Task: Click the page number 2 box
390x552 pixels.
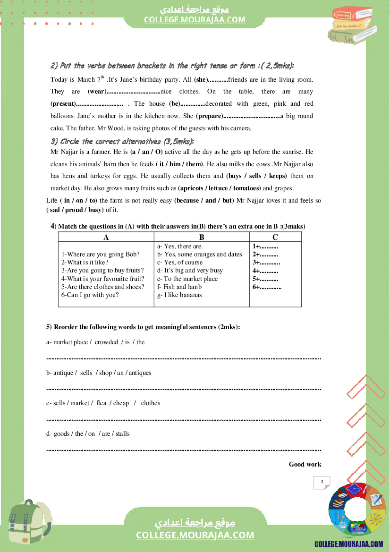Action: [x=322, y=482]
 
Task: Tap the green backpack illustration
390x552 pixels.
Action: [x=30, y=524]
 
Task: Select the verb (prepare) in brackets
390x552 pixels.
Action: [x=209, y=116]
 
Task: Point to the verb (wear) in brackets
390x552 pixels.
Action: [x=97, y=92]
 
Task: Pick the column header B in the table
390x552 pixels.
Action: [x=202, y=238]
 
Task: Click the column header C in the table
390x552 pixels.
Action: [x=275, y=238]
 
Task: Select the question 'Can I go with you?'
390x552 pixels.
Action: [x=90, y=295]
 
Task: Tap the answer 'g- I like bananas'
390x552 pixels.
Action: [x=179, y=295]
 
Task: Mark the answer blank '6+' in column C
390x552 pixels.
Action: [x=267, y=287]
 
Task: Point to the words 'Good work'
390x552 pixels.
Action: [x=305, y=464]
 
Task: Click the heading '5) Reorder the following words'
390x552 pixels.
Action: [x=143, y=327]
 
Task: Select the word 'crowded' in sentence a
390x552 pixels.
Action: [x=106, y=342]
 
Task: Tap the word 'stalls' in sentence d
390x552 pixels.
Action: [x=122, y=433]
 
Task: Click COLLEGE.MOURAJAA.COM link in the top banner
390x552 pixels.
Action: [x=195, y=19]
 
